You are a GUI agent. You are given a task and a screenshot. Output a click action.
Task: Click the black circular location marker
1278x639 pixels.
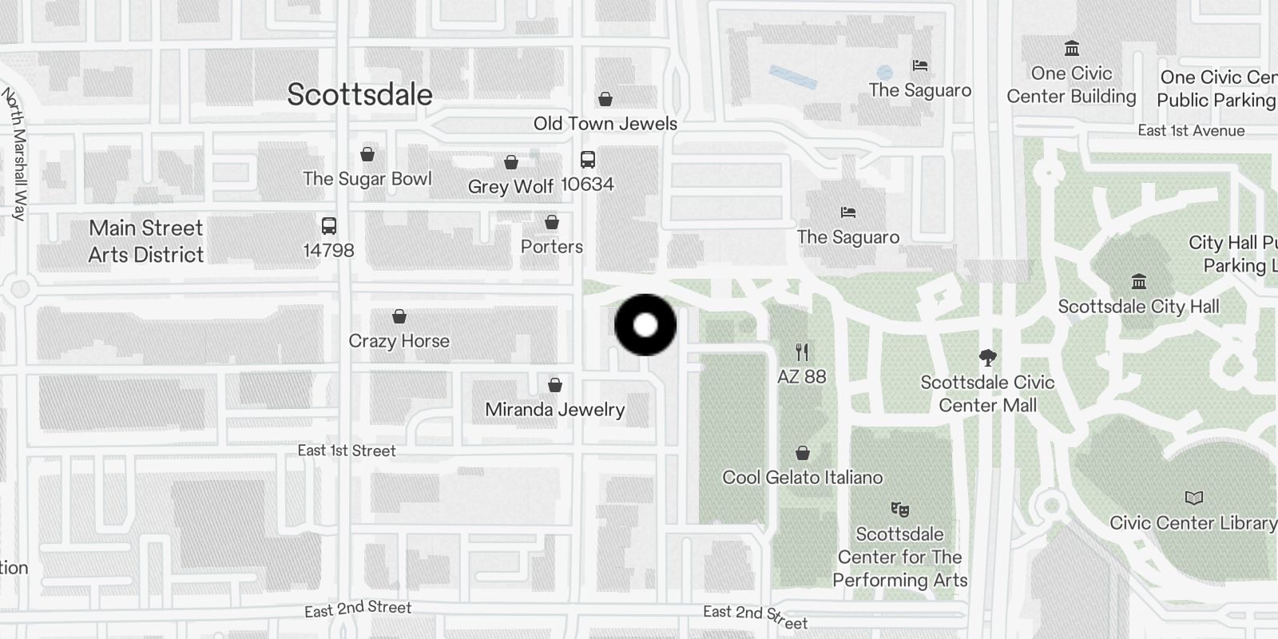[x=645, y=325]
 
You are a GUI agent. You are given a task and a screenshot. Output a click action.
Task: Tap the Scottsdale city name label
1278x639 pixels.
[x=359, y=94]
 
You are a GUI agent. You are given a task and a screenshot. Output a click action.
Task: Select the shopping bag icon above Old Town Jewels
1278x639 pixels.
[x=605, y=99]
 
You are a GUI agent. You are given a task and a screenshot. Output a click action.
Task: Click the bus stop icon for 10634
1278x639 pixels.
[x=588, y=159]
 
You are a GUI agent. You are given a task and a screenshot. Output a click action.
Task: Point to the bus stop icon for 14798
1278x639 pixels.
[x=328, y=225]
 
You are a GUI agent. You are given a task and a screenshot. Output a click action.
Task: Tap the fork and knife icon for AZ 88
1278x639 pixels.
[x=803, y=351]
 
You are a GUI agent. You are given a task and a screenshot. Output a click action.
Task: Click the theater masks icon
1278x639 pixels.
[x=900, y=509]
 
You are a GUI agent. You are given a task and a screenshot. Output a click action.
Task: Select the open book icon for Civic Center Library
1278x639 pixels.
[x=1193, y=498]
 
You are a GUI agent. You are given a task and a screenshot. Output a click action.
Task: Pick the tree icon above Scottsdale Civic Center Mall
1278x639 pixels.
[x=988, y=357]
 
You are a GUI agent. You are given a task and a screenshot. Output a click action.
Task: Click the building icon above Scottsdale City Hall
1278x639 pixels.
[x=1139, y=281]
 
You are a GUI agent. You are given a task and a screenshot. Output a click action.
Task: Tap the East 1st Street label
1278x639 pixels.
[x=347, y=450]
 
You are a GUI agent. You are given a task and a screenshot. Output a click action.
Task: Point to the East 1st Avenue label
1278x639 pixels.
[x=1191, y=131]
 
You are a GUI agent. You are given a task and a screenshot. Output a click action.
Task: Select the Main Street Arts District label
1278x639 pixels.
[x=146, y=241]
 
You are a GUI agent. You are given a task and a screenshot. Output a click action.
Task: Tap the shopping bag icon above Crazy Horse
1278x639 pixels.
[x=399, y=317]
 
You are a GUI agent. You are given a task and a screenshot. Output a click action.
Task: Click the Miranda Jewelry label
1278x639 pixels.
[x=555, y=410]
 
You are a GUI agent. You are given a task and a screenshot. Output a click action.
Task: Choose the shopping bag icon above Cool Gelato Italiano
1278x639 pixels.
[x=803, y=453]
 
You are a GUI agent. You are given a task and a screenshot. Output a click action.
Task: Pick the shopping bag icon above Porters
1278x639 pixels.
[x=552, y=222]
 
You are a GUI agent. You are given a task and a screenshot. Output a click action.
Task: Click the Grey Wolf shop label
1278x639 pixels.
[x=510, y=186]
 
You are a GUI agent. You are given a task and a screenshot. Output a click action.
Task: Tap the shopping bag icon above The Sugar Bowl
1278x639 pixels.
[x=367, y=154]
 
